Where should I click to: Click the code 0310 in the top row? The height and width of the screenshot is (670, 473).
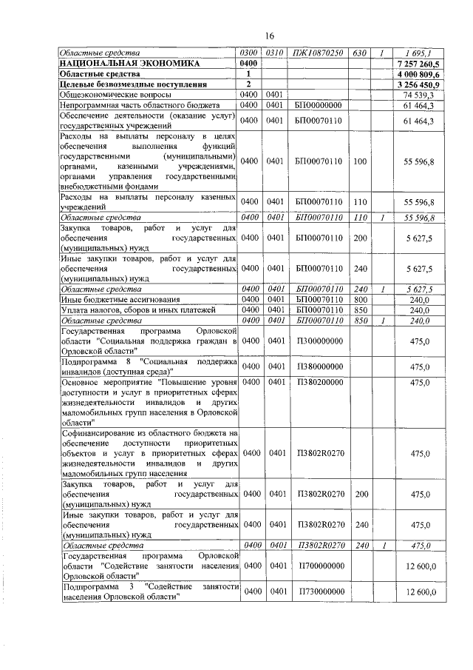pyautogui.click(x=275, y=53)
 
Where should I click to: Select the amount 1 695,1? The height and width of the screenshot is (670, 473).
pyautogui.click(x=418, y=53)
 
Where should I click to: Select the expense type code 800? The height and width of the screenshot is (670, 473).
pyautogui.click(x=359, y=299)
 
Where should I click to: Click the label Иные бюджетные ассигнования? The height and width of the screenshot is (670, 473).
pyautogui.click(x=111, y=299)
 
